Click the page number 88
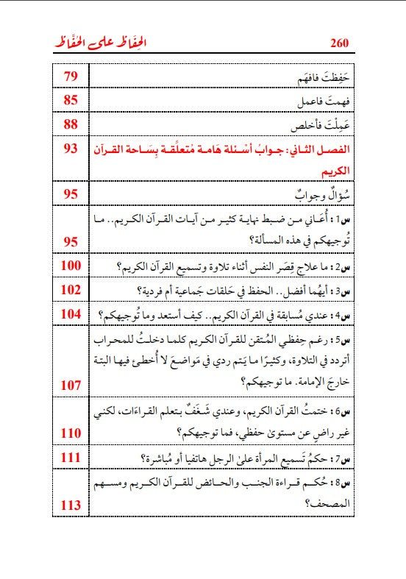71,124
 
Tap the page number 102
71,289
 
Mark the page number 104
71,314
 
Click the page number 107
71,384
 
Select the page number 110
71,433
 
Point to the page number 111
71,458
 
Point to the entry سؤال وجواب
320,195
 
